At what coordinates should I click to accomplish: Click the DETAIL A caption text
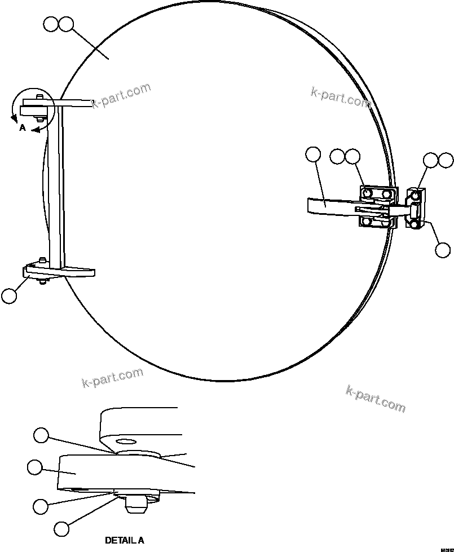[124, 540]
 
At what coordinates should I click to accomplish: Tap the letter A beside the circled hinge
[22, 128]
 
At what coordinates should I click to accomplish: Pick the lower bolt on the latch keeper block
[415, 224]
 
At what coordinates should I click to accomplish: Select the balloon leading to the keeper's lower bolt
[443, 249]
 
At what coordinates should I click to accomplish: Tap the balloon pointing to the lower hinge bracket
[9, 295]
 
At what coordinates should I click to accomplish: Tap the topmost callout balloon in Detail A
[41, 435]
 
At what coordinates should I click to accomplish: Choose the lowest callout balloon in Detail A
[61, 528]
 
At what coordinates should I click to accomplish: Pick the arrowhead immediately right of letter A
[35, 130]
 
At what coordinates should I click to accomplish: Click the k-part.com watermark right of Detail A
[375, 399]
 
